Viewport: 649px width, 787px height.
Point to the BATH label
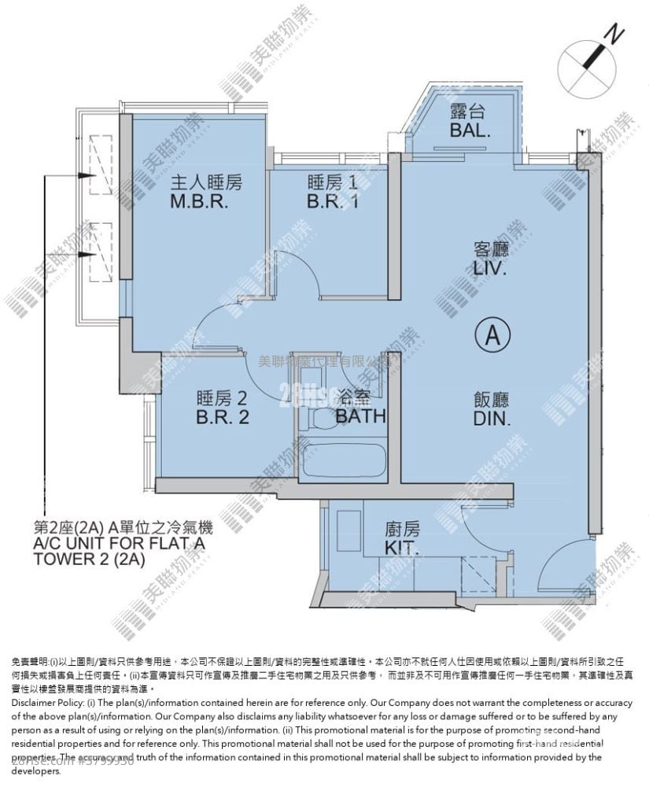pos(361,416)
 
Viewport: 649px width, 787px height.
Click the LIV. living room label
pos(490,269)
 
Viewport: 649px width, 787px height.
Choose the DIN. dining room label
pos(492,419)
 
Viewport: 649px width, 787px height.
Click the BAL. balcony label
pos(470,131)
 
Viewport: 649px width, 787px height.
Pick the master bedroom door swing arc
pos(211,323)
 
